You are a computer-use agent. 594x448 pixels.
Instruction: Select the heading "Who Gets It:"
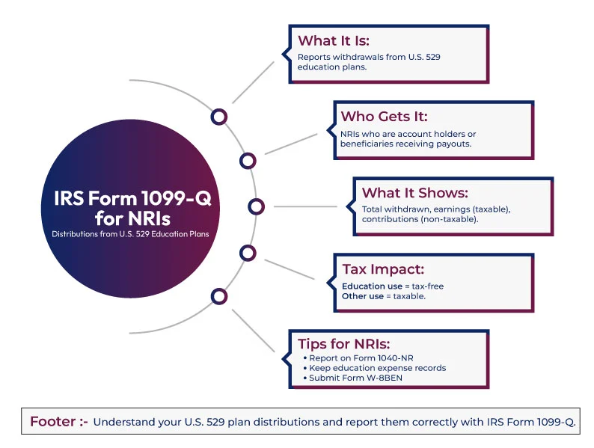click(x=385, y=117)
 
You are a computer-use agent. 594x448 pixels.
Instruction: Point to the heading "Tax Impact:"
click(x=376, y=269)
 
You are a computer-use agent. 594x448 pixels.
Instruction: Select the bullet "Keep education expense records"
click(x=376, y=368)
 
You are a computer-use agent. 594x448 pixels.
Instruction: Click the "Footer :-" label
click(x=58, y=422)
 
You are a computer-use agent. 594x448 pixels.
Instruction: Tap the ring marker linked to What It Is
click(x=218, y=117)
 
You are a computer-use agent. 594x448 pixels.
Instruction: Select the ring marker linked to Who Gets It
click(x=248, y=160)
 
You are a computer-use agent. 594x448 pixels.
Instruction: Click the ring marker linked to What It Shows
click(x=256, y=206)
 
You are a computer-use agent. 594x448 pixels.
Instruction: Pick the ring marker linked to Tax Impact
click(x=248, y=253)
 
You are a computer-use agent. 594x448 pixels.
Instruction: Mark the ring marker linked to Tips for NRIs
click(x=218, y=296)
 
